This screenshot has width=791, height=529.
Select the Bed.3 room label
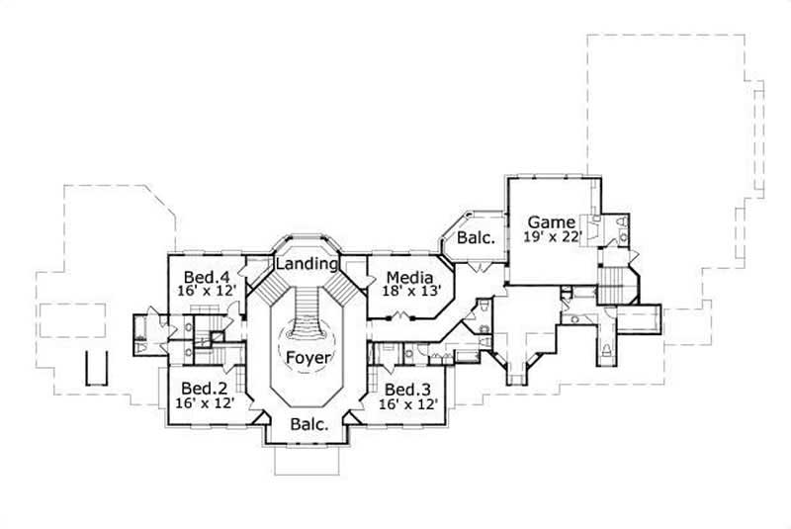405,389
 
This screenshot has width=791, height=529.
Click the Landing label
308,264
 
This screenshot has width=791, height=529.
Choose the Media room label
405,278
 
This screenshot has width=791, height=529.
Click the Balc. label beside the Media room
468,238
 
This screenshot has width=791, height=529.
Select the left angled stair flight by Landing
270,288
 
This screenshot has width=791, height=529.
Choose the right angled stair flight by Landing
343,288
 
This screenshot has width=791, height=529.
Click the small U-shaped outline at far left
94,368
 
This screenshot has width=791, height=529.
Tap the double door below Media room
399,316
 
